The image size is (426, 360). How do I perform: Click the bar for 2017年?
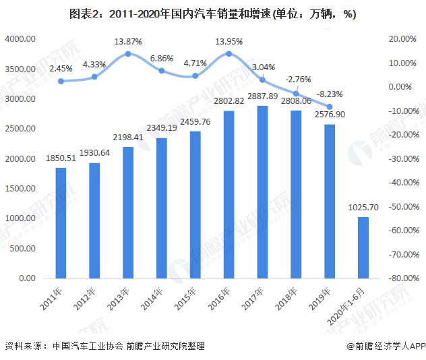[x=262, y=192]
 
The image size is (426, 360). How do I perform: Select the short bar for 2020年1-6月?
[x=363, y=247]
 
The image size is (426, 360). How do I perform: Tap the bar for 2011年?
[x=61, y=222]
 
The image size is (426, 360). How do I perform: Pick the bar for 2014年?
[x=162, y=208]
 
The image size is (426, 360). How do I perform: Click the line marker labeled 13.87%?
[x=128, y=53]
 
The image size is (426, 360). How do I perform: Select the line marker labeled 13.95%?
[x=229, y=53]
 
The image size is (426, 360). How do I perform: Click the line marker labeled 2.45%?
[x=61, y=81]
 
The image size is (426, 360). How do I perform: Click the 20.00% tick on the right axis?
[x=402, y=40]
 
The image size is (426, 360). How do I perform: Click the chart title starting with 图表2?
[x=212, y=13]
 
